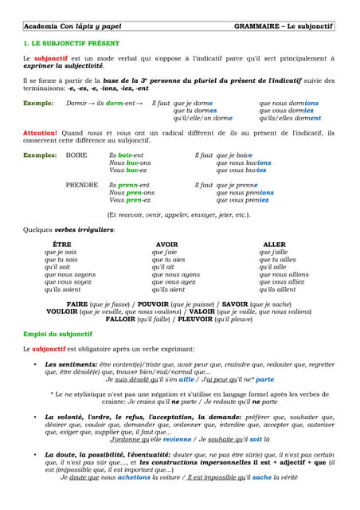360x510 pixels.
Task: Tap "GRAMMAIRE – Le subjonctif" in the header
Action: pyautogui.click(x=284, y=27)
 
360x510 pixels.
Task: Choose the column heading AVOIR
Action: pyautogui.click(x=166, y=244)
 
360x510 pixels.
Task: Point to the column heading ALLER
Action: pyautogui.click(x=274, y=244)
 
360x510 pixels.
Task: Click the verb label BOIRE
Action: pyautogui.click(x=76, y=155)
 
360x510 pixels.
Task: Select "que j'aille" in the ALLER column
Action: pyautogui.click(x=275, y=252)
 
